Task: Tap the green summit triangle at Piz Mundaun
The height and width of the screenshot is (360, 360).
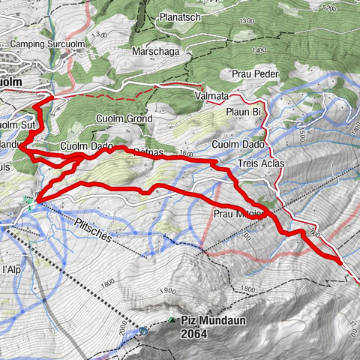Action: (x=172, y=319)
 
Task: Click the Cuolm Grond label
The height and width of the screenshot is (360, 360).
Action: (x=124, y=119)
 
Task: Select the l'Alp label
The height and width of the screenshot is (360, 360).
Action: (x=10, y=268)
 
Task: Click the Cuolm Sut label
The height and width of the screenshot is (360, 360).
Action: (x=15, y=125)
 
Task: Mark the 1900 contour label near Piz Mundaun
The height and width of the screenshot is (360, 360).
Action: (x=168, y=291)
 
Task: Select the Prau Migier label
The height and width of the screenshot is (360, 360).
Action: (x=238, y=212)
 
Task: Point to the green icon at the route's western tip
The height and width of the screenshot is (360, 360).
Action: (x=28, y=199)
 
